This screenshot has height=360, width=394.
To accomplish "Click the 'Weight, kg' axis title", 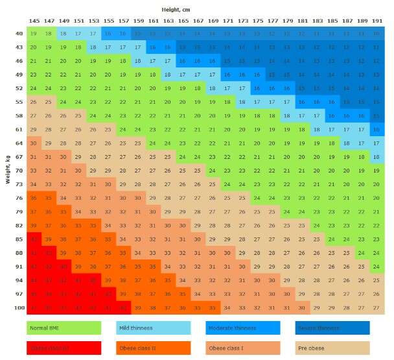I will [x=8, y=169].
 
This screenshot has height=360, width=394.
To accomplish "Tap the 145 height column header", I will [x=33, y=21].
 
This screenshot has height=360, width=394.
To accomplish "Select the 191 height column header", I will [x=377, y=21].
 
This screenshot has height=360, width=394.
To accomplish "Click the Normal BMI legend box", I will [x=64, y=328].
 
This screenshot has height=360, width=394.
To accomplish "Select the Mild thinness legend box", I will [x=153, y=328].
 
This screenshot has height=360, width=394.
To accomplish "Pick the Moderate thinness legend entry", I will [x=243, y=328].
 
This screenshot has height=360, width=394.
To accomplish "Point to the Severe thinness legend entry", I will [x=332, y=328].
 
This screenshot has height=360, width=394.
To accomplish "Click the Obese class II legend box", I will [x=153, y=348].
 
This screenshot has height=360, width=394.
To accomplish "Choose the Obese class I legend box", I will [x=243, y=348].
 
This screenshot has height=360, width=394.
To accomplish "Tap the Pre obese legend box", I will [x=332, y=348].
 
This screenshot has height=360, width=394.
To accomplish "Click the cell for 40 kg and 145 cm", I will [x=33, y=33].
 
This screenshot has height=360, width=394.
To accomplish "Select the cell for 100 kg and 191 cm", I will [x=377, y=307].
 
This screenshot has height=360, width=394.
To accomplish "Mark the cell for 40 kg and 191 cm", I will [x=377, y=33].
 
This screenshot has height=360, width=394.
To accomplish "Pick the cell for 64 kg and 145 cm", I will [x=33, y=143].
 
